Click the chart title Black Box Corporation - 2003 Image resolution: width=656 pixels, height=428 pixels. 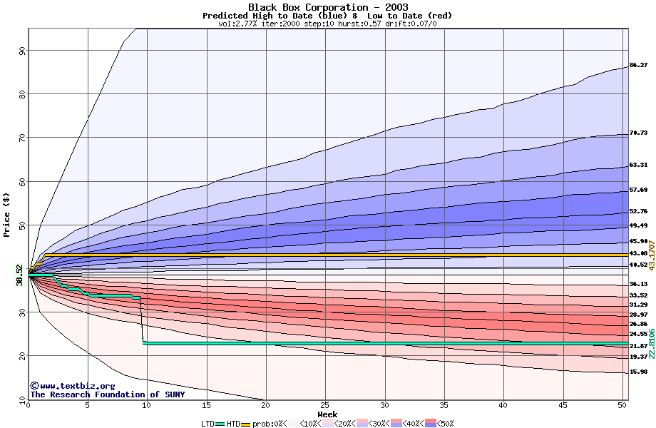point(328,7)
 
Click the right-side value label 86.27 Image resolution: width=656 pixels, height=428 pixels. point(638,66)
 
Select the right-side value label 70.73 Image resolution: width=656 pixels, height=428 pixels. point(638,133)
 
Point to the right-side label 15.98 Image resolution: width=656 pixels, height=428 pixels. point(638,372)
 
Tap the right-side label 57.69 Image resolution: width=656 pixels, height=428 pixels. point(638,190)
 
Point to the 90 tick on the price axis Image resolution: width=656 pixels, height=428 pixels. point(22,50)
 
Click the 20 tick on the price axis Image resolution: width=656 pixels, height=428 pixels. point(22,355)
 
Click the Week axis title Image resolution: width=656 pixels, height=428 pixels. point(327,414)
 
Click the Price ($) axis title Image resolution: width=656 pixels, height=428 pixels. point(7,215)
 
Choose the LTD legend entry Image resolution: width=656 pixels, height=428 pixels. point(207,423)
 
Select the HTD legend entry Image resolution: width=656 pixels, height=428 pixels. point(234,423)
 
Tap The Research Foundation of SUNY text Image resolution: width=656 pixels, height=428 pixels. point(105,394)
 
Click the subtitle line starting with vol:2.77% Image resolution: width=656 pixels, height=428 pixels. point(327,24)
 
